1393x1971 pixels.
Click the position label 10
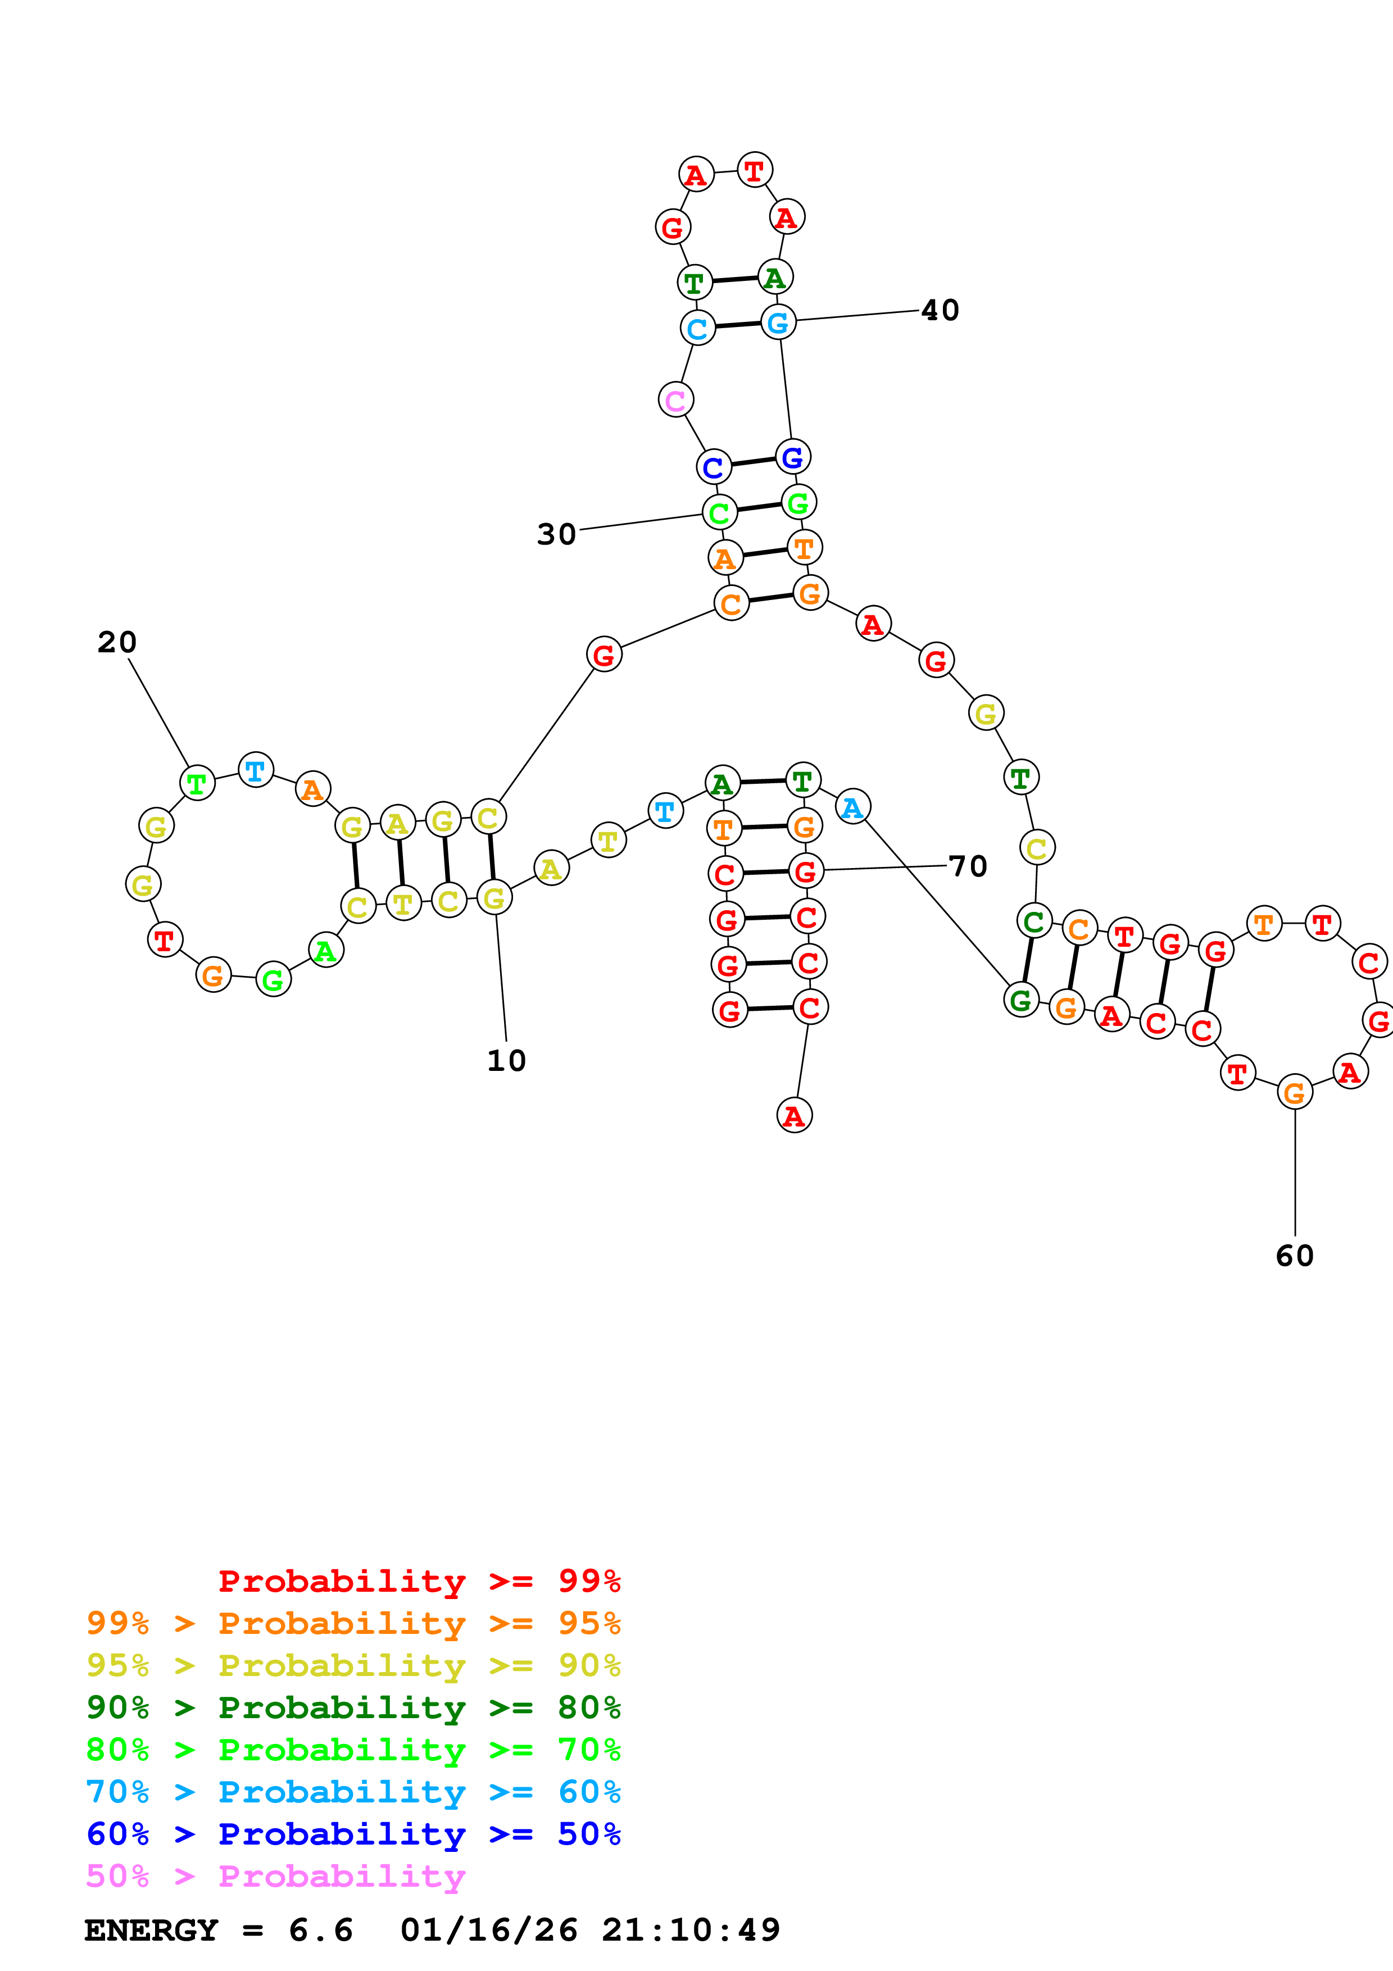[x=506, y=1061]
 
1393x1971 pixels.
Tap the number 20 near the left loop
[x=117, y=642]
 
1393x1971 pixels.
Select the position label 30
[x=556, y=534]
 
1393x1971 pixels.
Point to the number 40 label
[x=940, y=310]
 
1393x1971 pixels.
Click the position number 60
[x=1294, y=1256]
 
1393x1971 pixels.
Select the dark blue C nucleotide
[x=713, y=468]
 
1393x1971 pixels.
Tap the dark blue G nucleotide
[x=792, y=457]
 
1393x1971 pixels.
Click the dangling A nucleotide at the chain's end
[x=794, y=1116]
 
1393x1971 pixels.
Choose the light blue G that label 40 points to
[x=778, y=323]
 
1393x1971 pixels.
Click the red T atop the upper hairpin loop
[x=755, y=170]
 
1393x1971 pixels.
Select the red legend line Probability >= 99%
[x=419, y=1581]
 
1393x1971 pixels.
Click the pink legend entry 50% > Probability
[x=275, y=1877]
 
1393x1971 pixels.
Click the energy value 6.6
[x=320, y=1931]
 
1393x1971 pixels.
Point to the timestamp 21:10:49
[x=691, y=1931]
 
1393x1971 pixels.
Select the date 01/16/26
[x=488, y=1931]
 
